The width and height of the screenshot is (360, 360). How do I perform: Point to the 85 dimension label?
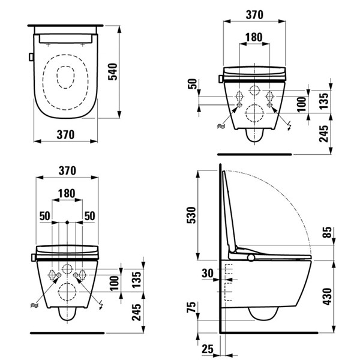[x=326, y=232]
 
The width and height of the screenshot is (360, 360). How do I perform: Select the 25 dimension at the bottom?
[x=208, y=348]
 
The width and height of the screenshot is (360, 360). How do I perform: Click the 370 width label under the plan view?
[x=65, y=135]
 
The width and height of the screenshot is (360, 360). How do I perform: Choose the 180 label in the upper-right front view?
[x=254, y=37]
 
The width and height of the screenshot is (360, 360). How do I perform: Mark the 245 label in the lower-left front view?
[x=137, y=311]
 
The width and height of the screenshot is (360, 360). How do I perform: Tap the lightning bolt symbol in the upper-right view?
[x=290, y=126]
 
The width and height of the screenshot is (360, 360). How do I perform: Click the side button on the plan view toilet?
[x=29, y=58]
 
